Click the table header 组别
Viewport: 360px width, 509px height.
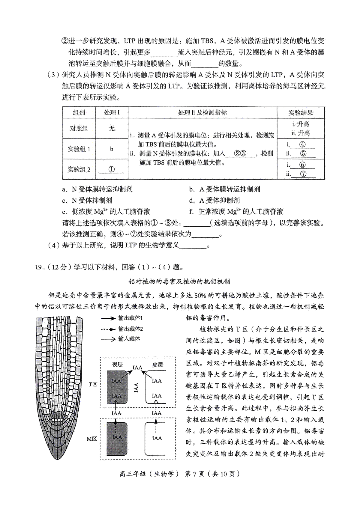79,113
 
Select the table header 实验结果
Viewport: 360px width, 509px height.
301,113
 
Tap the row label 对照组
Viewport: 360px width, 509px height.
79,128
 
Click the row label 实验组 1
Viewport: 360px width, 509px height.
79,149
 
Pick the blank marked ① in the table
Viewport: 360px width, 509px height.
111,169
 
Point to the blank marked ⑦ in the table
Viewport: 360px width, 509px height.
303,174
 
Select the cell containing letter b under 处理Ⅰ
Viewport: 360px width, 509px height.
112,149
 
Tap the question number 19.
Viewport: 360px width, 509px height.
39,267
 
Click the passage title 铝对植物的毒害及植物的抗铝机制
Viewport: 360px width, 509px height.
179,281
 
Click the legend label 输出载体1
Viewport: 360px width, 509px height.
130,318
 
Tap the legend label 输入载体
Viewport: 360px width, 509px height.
129,339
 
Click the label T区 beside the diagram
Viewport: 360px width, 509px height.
93,384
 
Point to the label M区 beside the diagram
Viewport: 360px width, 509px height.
92,439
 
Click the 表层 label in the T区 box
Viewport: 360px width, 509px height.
117,365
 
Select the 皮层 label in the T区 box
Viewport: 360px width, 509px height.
157,365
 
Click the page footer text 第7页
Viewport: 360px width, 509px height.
195,474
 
